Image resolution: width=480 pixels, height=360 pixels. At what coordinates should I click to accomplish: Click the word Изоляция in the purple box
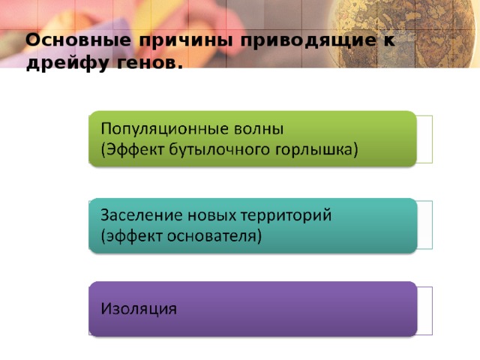click(x=139, y=309)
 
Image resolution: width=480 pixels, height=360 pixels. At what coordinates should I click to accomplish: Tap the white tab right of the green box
click(x=425, y=139)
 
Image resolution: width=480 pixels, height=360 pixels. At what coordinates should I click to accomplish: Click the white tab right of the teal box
click(x=425, y=225)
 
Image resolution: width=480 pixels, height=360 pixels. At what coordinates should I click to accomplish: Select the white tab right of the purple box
click(x=425, y=310)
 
